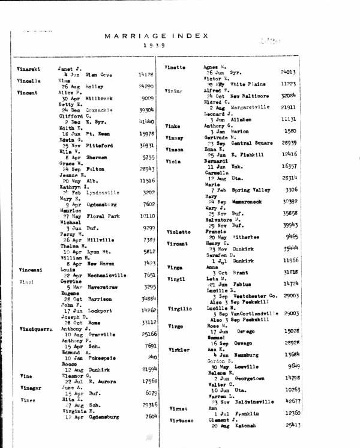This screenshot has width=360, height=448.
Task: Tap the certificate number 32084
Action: [289, 95]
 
